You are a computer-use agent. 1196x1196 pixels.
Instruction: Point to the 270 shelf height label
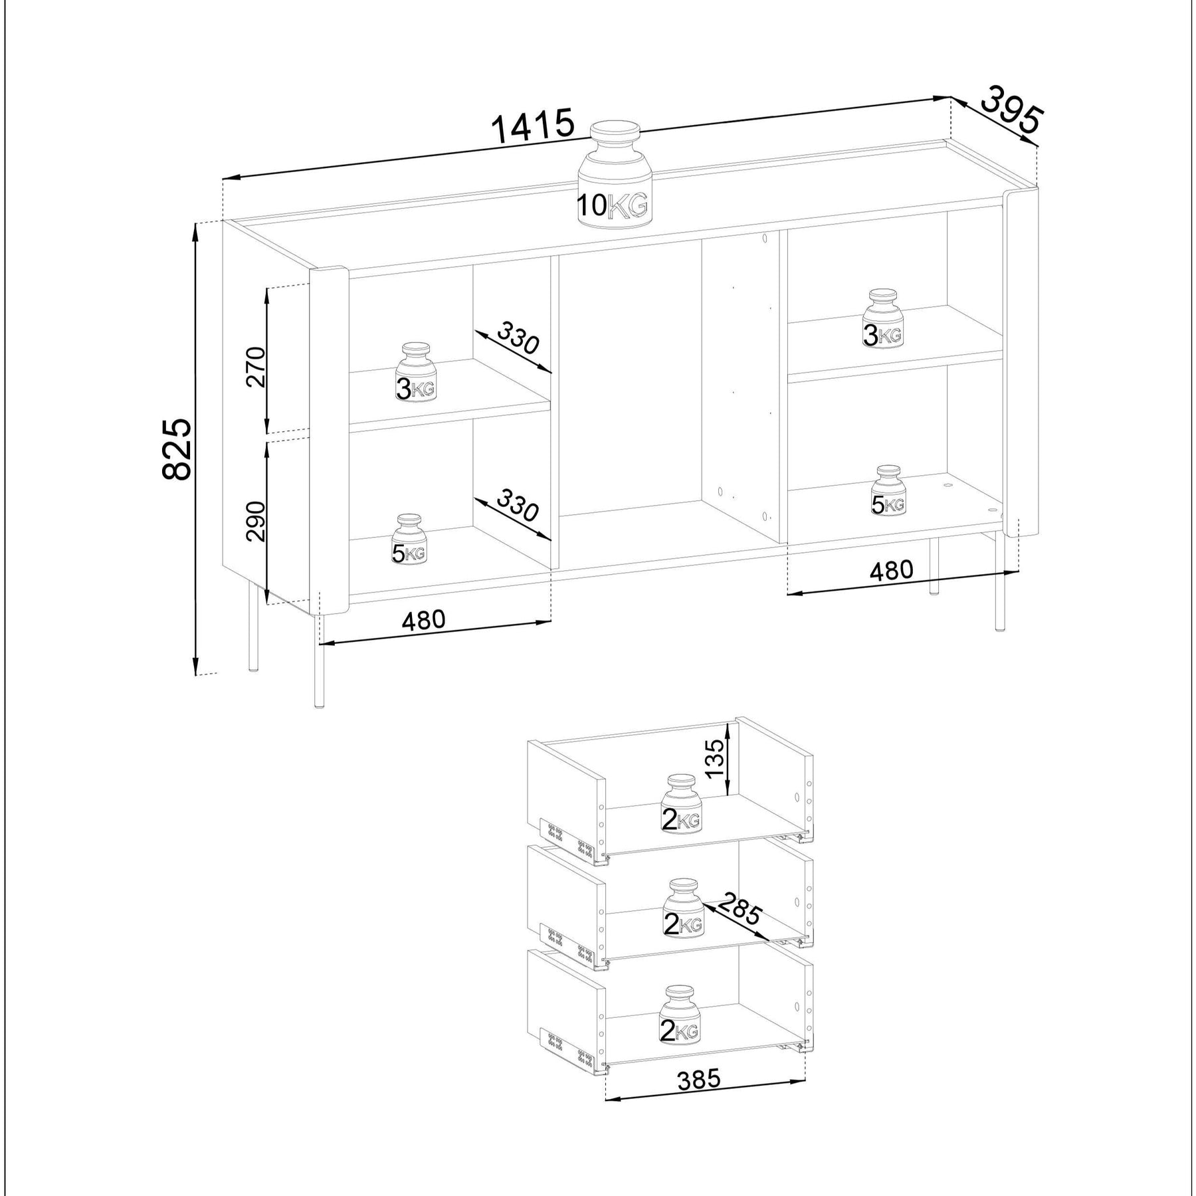[x=256, y=367]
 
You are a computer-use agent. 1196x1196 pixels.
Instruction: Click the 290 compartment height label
[x=256, y=522]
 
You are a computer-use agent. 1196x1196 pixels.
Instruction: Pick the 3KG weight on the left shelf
[x=415, y=373]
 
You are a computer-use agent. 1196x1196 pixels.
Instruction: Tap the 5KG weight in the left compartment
[x=408, y=539]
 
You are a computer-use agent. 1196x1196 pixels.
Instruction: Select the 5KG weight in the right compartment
[x=888, y=490]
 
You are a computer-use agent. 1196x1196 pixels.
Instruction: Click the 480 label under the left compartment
[x=423, y=620]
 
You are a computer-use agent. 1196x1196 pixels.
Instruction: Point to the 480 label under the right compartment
[x=892, y=570]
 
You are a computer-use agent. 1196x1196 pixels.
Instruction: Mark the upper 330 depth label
[x=518, y=338]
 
